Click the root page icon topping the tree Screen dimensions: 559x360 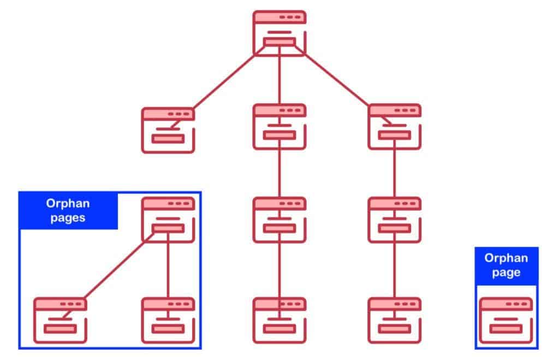tap(279, 33)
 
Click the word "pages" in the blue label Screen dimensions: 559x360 tap(68, 217)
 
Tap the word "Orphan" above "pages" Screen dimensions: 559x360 tap(68, 203)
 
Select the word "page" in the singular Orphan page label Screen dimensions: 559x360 tap(506, 273)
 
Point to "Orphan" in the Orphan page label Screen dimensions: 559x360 tap(506, 258)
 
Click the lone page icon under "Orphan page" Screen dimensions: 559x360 tap(506, 320)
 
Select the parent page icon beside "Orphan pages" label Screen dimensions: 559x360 tap(168, 220)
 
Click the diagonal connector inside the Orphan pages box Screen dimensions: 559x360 tap(120, 266)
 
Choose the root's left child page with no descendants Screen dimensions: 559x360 tap(168, 130)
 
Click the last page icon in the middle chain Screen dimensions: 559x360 tap(279, 320)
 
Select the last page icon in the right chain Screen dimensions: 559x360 tap(395, 320)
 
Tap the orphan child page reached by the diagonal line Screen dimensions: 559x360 tap(60, 320)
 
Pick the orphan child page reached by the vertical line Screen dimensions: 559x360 tap(168, 320)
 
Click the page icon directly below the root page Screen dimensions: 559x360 tap(279, 127)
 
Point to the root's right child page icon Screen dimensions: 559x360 tap(395, 127)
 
